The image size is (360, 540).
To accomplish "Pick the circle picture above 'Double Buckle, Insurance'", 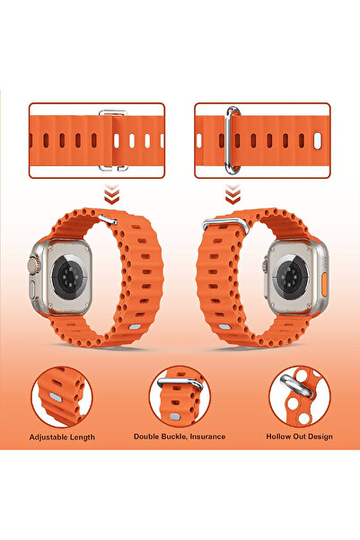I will pyautogui.click(x=180, y=394).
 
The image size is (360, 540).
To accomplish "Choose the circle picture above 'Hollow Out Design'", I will pyautogui.click(x=299, y=394).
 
